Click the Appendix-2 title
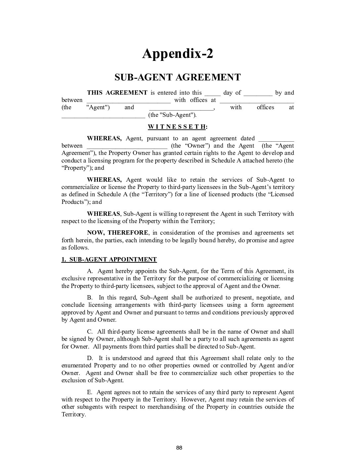pyautogui.click(x=178, y=54)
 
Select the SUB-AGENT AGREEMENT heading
pyautogui.click(x=178, y=77)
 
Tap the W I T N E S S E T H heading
pyautogui.click(x=178, y=126)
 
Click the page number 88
pyautogui.click(x=179, y=448)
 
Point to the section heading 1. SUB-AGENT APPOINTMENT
pyautogui.click(x=109, y=259)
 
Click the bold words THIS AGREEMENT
pyautogui.click(x=117, y=93)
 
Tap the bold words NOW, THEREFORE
pyautogui.click(x=118, y=233)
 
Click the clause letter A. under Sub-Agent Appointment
pyautogui.click(x=90, y=271)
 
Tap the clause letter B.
pyautogui.click(x=90, y=298)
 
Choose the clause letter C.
pyautogui.click(x=90, y=332)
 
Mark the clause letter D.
pyautogui.click(x=90, y=358)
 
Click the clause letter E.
pyautogui.click(x=90, y=392)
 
